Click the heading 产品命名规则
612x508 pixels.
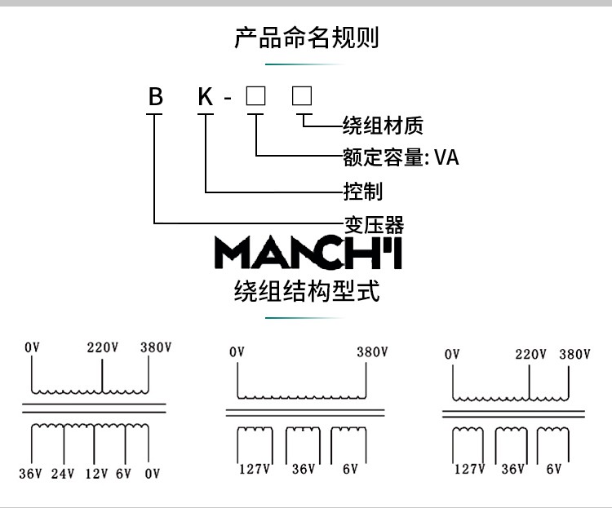point(306,38)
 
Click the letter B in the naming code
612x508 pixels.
point(155,96)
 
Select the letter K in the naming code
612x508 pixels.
point(206,96)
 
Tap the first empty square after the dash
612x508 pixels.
point(255,96)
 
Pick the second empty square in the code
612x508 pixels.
point(302,96)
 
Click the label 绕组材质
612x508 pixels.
point(383,126)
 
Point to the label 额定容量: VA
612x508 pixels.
point(401,157)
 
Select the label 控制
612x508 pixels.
point(363,191)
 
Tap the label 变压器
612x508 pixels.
point(374,225)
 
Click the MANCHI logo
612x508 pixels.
point(308,253)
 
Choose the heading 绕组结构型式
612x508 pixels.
point(307,291)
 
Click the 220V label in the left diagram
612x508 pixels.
point(103,347)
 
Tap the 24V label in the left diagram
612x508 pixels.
point(63,474)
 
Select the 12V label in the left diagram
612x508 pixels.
point(97,474)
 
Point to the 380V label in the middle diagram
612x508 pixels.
point(372,352)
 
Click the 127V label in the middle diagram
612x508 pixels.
point(254,469)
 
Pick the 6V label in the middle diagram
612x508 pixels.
point(350,469)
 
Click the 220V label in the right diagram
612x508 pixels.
point(530,354)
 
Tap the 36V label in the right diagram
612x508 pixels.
point(513,469)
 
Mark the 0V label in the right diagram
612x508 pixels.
point(452,354)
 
